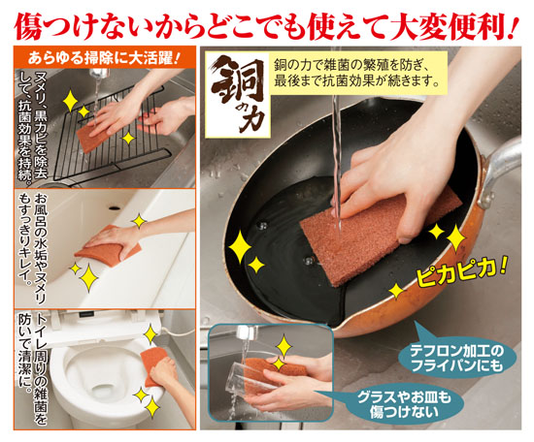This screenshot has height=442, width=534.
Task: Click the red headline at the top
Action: tap(266, 26)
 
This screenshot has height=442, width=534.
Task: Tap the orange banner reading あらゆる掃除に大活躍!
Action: tap(104, 58)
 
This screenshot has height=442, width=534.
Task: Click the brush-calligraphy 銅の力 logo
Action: tap(238, 94)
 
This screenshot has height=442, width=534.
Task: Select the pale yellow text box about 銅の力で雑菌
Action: tap(357, 73)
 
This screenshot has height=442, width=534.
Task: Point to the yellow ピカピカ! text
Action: tap(460, 271)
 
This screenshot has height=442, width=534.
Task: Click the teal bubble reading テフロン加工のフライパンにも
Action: tap(456, 359)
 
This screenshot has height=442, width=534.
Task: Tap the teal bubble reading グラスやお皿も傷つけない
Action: tap(404, 404)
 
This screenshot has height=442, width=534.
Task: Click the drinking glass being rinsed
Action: tap(252, 377)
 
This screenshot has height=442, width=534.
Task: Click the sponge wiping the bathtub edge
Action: tap(109, 246)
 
